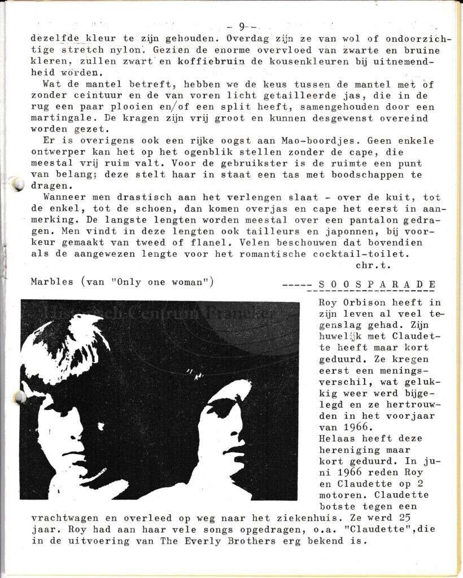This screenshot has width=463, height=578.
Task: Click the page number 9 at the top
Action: point(242,26)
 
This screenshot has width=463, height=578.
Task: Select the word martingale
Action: point(52,119)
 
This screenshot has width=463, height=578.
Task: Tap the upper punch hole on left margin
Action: point(17,184)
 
